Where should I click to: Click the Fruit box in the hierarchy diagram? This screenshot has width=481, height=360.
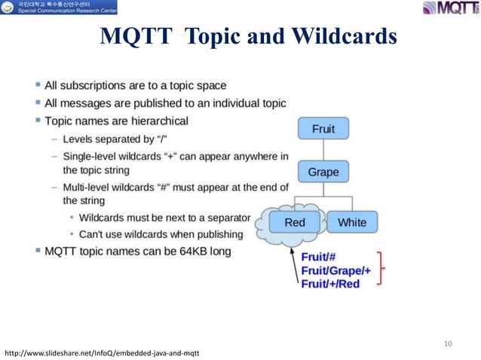323,129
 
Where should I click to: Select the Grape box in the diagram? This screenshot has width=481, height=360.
323,172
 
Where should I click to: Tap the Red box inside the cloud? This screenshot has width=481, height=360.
294,222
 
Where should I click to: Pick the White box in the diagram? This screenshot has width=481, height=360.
352,222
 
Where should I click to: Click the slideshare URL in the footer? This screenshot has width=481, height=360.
103,352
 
